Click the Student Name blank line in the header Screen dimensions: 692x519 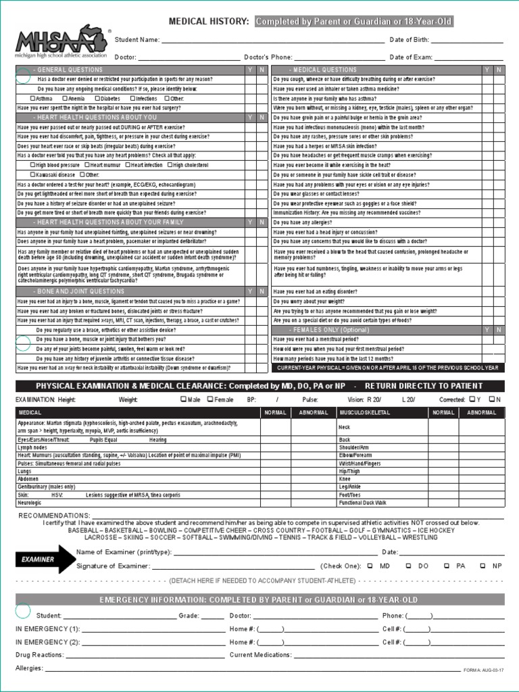(271, 41)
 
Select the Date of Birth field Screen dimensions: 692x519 (466, 41)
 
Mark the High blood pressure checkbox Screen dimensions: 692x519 (32, 165)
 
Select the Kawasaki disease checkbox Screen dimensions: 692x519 (32, 174)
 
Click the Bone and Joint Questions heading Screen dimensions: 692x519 (81, 291)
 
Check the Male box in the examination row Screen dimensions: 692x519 (183, 399)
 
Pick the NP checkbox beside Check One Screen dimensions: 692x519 (483, 566)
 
